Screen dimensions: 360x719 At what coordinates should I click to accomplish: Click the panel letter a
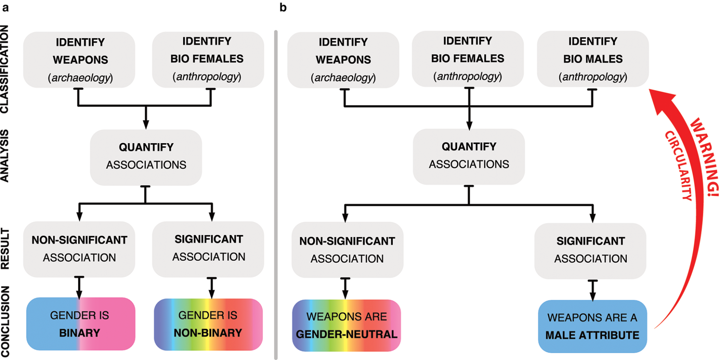(5, 7)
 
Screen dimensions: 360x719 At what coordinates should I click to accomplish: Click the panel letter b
(283, 7)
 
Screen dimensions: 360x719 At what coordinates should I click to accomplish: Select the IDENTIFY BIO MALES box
(592, 59)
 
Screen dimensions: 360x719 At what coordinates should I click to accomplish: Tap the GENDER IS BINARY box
(80, 324)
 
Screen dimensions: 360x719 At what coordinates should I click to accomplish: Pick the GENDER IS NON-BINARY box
(208, 324)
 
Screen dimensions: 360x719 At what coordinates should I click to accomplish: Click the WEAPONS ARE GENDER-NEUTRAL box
(346, 325)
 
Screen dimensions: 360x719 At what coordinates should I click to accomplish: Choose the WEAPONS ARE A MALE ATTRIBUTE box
(592, 326)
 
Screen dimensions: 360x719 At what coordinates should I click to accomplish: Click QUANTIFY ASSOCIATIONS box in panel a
(146, 156)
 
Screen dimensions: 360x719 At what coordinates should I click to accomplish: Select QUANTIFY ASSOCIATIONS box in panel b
(468, 156)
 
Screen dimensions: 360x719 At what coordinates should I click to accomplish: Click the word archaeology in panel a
(81, 78)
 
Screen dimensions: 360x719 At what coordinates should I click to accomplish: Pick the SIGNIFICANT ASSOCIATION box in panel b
(590, 250)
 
